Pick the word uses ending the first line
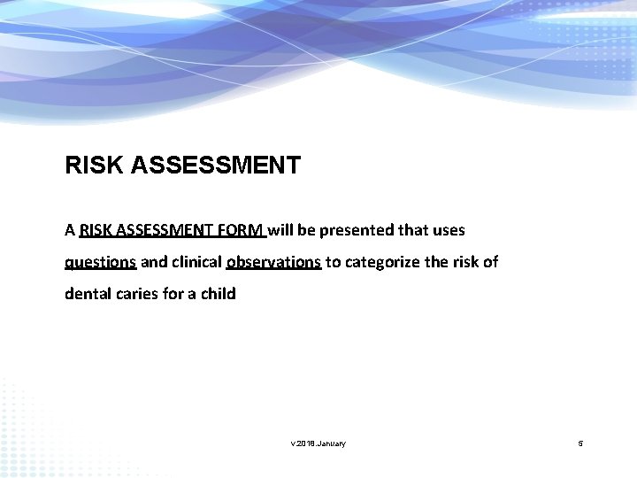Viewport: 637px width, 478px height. coord(448,230)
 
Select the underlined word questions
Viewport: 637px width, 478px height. coord(100,262)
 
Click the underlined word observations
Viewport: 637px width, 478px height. coord(273,261)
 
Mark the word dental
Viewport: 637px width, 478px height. coord(87,293)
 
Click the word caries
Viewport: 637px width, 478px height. coord(135,293)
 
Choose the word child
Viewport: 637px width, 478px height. coord(218,293)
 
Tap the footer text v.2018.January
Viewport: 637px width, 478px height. coord(318,443)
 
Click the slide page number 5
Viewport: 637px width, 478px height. coord(580,443)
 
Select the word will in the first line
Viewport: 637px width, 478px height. coord(281,230)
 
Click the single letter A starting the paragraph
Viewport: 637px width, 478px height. coord(70,230)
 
